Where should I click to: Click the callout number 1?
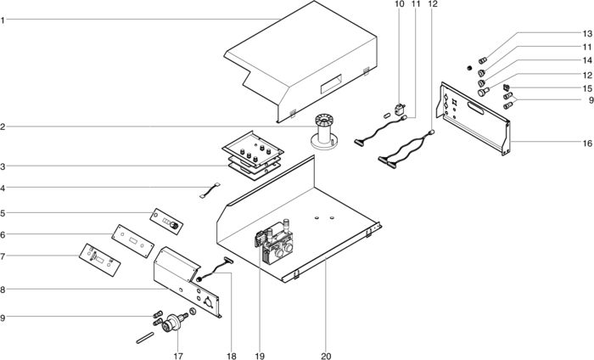coord(3,20)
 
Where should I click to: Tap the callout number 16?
coord(587,143)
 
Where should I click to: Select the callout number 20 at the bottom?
coord(326,357)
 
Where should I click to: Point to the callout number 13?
coord(587,34)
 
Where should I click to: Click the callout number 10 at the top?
coord(400,4)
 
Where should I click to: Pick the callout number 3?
coord(3,166)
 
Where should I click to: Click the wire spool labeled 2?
coord(324,132)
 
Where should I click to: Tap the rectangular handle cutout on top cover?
coord(331,84)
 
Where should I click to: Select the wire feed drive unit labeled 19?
coord(275,244)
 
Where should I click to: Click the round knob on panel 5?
coord(174,226)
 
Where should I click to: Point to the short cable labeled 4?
coord(210,190)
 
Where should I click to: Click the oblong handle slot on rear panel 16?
coord(475,108)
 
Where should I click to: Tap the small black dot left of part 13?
coord(469,68)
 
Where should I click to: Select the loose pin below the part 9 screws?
coord(145,338)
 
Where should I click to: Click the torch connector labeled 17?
coord(173,323)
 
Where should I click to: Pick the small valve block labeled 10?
coord(400,110)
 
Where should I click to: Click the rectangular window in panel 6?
coord(133,240)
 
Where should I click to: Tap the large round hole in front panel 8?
coord(208,302)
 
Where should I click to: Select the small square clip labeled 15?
coord(506,88)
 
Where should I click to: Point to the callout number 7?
coord(3,256)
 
